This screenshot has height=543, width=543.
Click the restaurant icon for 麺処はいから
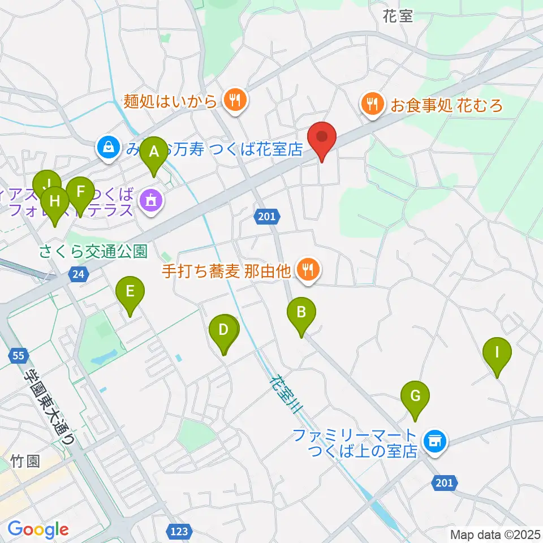click(233, 101)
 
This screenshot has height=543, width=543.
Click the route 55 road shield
click(18, 356)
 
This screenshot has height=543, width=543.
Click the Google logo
click(38, 529)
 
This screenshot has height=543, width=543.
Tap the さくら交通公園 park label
click(93, 250)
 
